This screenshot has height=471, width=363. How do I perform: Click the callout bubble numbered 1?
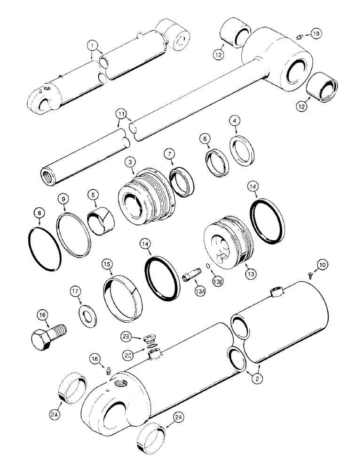[x=94, y=45]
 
